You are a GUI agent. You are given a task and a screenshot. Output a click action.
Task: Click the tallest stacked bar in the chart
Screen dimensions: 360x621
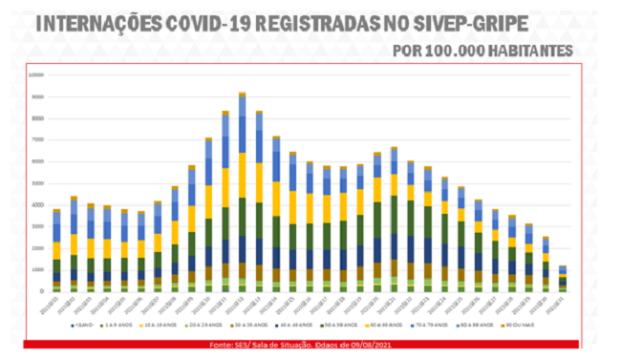[243, 191]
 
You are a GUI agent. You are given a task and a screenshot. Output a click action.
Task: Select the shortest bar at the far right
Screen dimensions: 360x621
[563, 278]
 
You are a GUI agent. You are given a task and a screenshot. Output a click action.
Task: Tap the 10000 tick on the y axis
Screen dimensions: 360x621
[38, 74]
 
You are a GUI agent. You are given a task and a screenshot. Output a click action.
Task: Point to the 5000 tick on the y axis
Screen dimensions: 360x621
[39, 182]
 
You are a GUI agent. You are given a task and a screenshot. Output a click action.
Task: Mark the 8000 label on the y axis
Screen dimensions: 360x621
[39, 117]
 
